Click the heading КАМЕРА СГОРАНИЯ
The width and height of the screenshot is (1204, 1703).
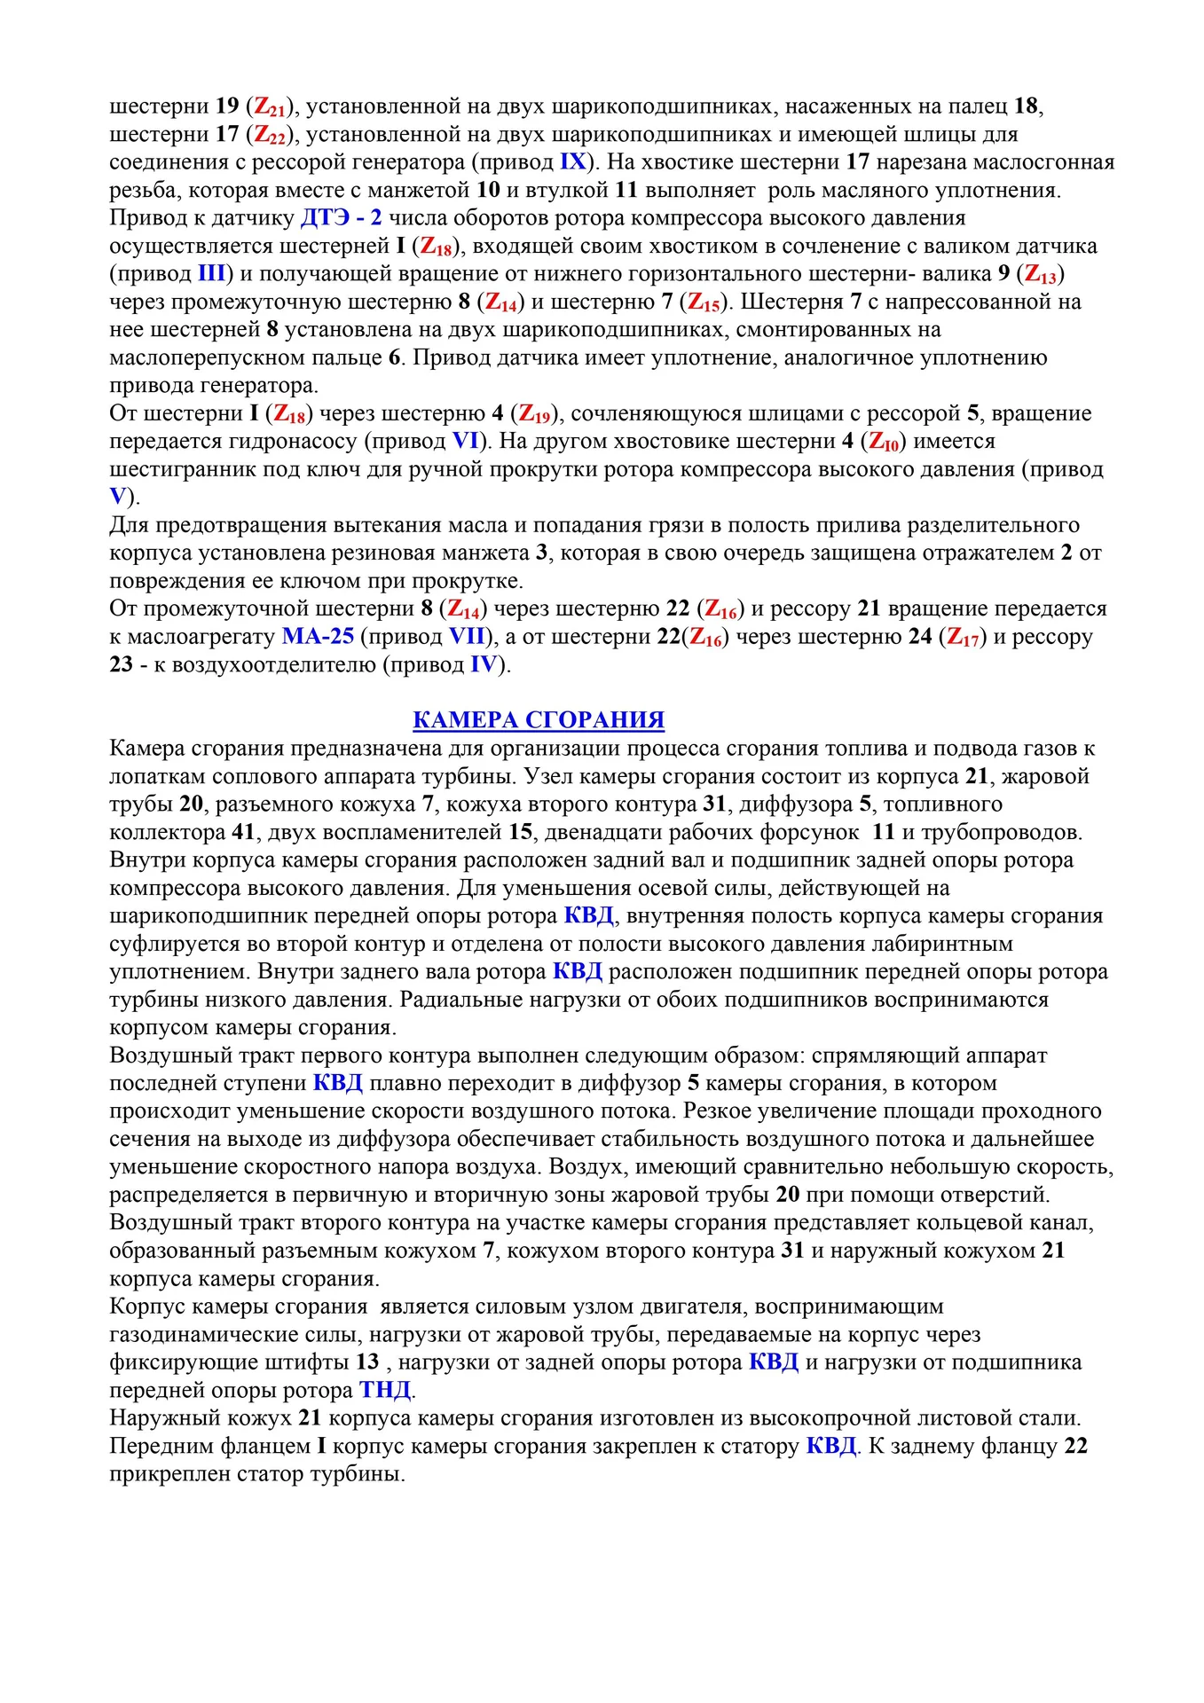539,719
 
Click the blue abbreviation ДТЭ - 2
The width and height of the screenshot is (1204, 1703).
342,218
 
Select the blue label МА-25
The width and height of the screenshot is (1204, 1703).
318,636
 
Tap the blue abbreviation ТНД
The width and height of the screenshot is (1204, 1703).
386,1390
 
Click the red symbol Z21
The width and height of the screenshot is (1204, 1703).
271,107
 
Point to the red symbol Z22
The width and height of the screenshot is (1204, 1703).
271,135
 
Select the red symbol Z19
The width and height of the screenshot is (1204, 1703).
535,414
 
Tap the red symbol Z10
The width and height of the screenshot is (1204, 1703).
884,442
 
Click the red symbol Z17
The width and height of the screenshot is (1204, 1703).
963,637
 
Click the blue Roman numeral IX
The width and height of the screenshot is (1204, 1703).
573,162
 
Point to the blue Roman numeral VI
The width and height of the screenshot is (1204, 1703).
466,441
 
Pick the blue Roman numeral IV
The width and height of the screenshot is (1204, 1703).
484,664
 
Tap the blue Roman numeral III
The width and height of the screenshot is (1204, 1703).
211,274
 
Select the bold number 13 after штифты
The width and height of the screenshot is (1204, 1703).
367,1362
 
